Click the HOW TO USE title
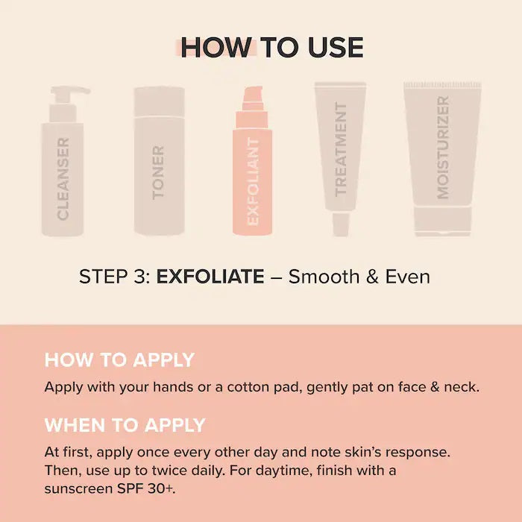[272, 47]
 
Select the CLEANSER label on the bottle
[63, 179]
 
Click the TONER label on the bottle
[158, 173]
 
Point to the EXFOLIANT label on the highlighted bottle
[253, 182]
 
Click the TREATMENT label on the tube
[341, 149]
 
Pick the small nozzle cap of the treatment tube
[341, 224]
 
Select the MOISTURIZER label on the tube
[443, 148]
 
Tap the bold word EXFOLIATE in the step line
[210, 277]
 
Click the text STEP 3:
[115, 277]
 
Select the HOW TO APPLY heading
[119, 360]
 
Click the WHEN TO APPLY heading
[125, 426]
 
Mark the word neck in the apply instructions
[460, 387]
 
